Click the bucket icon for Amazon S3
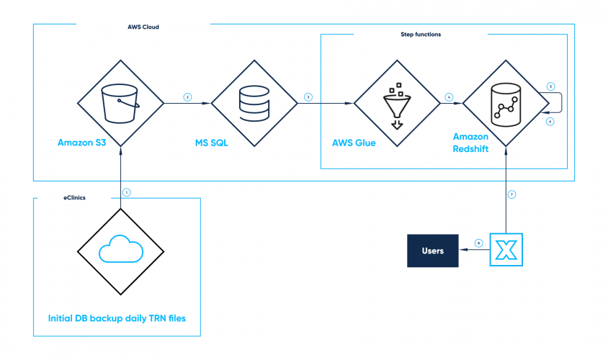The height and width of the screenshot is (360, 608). [120, 103]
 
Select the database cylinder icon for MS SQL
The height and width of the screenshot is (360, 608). [254, 104]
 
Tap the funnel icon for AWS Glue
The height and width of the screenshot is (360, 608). [395, 104]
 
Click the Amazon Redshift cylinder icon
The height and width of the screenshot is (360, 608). [506, 104]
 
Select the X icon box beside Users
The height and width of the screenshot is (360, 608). [506, 251]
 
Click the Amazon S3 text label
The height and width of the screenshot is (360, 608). [83, 143]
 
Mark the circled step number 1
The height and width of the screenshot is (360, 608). [127, 192]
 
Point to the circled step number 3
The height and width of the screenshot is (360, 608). [308, 96]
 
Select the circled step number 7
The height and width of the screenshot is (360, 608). [512, 195]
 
